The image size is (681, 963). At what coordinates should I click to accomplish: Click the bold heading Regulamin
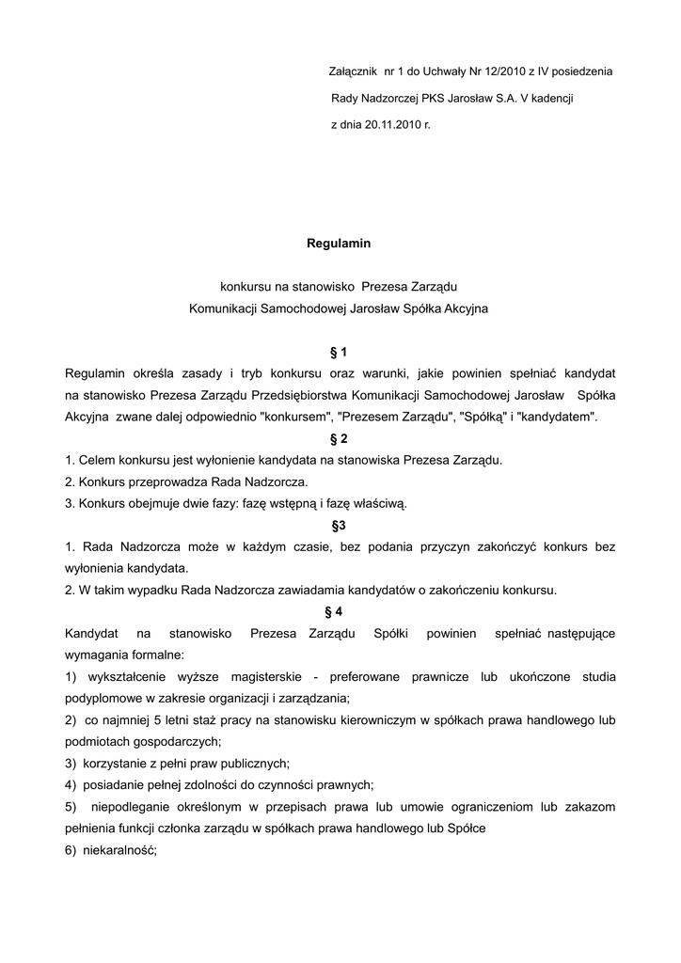click(339, 244)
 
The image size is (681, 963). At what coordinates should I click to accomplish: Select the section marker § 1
click(339, 353)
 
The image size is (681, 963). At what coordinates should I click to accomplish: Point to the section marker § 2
click(339, 439)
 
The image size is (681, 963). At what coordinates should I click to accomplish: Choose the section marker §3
click(339, 526)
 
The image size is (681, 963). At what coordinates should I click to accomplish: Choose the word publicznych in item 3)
click(254, 764)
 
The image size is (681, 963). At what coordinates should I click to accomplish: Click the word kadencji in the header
click(553, 98)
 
